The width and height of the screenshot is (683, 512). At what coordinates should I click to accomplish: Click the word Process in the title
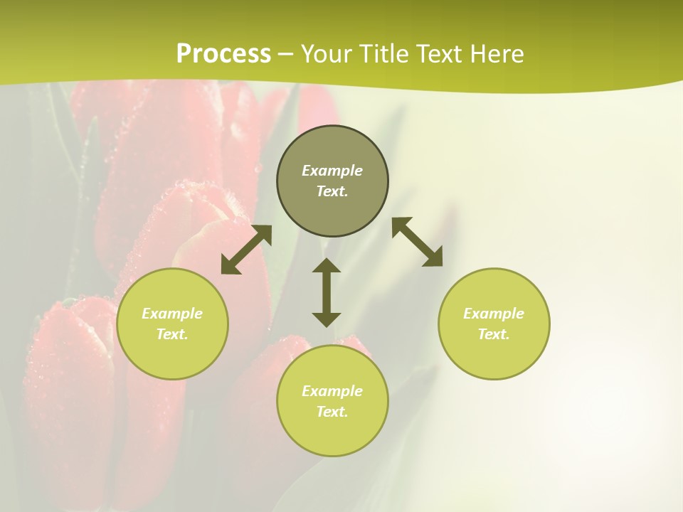click(x=223, y=54)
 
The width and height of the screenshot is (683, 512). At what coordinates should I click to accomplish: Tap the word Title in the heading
click(x=381, y=54)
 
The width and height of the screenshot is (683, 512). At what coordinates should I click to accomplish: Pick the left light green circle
click(x=172, y=356)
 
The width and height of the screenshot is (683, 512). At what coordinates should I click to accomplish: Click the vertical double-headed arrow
click(x=327, y=292)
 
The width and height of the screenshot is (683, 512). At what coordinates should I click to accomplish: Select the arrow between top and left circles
click(x=246, y=250)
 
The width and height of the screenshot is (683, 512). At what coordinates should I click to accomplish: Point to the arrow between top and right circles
click(x=418, y=242)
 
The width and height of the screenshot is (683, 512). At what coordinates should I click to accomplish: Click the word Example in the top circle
click(x=332, y=171)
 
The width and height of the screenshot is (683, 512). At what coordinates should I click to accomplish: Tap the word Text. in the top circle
click(x=332, y=191)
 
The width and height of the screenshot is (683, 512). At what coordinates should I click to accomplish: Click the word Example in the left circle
click(x=172, y=314)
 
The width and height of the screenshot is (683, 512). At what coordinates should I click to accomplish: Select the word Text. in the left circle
click(x=172, y=334)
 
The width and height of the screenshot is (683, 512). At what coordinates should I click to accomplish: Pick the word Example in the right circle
click(x=494, y=314)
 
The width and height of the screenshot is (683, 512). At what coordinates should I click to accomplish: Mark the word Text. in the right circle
click(x=494, y=334)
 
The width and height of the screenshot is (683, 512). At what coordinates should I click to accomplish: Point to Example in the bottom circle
click(x=332, y=391)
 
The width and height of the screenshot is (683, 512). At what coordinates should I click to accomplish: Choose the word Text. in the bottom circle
click(x=332, y=412)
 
